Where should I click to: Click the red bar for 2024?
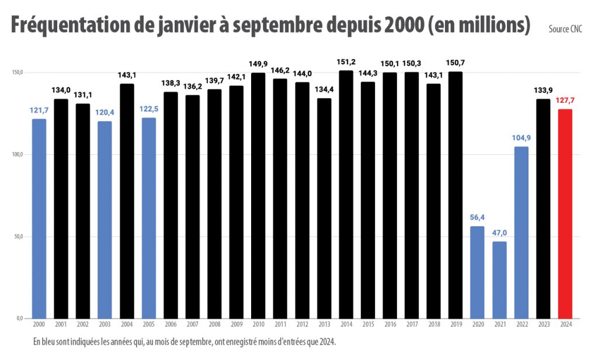pos(565,213)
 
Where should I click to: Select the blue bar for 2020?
pos(478,272)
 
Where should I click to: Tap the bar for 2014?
pos(346,194)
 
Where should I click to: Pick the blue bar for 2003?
pos(105,219)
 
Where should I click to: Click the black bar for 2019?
pos(456,195)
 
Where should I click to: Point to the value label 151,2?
pos(346,62)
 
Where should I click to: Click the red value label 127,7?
pos(565,101)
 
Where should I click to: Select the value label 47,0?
pos(499,233)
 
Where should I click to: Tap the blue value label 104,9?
pos(521,138)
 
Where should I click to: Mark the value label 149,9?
pos(258,64)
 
